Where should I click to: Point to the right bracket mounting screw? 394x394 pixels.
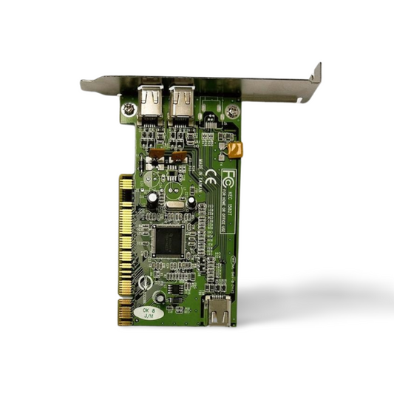(234, 111)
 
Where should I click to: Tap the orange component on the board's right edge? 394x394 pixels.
(236, 151)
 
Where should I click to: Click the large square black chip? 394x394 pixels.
(168, 237)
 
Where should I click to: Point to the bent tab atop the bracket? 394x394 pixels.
(316, 73)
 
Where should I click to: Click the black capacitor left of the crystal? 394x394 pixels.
(152, 199)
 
